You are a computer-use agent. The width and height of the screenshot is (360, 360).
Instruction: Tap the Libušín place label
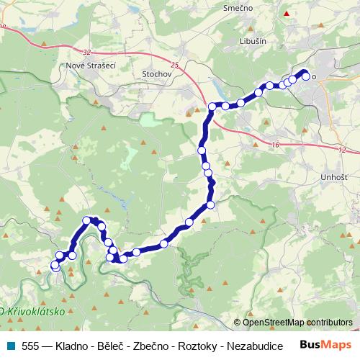coord(255,41)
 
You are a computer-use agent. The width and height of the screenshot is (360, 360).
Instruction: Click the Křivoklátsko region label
coord(34,312)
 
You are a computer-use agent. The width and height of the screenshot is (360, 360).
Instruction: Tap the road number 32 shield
coord(87,52)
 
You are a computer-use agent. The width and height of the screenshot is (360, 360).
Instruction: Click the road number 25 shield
coord(175,65)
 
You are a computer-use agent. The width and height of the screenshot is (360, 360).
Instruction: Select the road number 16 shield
coord(276,145)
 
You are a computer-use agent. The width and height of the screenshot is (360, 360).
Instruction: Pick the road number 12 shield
coord(341,150)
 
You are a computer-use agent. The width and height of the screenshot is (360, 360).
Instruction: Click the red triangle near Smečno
coord(287,14)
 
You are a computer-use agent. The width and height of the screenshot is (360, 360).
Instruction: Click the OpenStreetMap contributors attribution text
coord(297,322)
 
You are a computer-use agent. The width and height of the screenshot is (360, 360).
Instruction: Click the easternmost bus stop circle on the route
coord(306,76)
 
